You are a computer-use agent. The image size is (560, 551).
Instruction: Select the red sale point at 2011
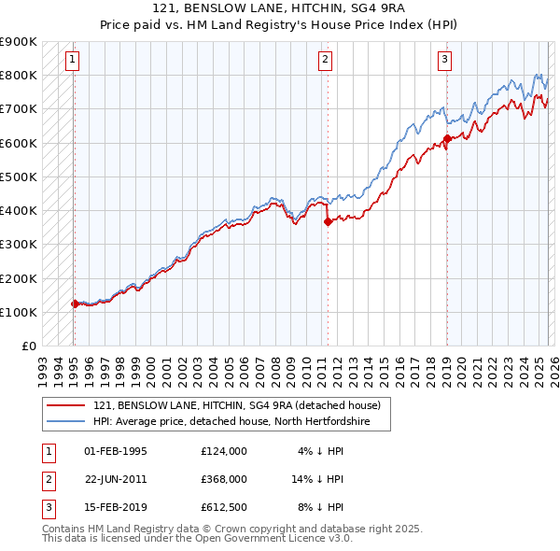click(328, 221)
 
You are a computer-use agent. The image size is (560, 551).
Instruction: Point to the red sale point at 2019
click(446, 138)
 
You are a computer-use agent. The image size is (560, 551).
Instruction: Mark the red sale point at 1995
click(75, 304)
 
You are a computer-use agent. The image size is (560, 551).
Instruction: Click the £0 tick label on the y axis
click(28, 346)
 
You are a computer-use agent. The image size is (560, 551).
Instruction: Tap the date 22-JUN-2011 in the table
click(116, 478)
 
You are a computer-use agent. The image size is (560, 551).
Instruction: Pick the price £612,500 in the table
click(223, 507)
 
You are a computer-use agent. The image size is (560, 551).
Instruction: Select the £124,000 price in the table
click(223, 450)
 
